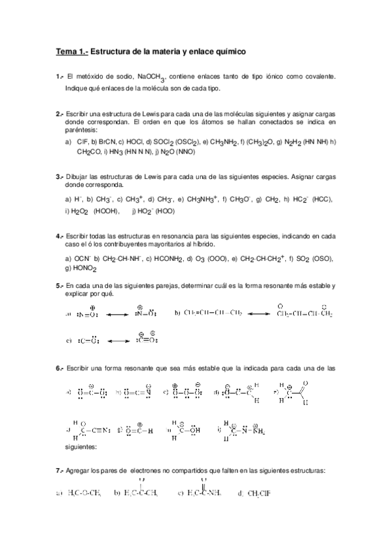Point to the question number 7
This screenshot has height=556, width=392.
point(60,471)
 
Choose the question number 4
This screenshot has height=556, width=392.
point(60,237)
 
